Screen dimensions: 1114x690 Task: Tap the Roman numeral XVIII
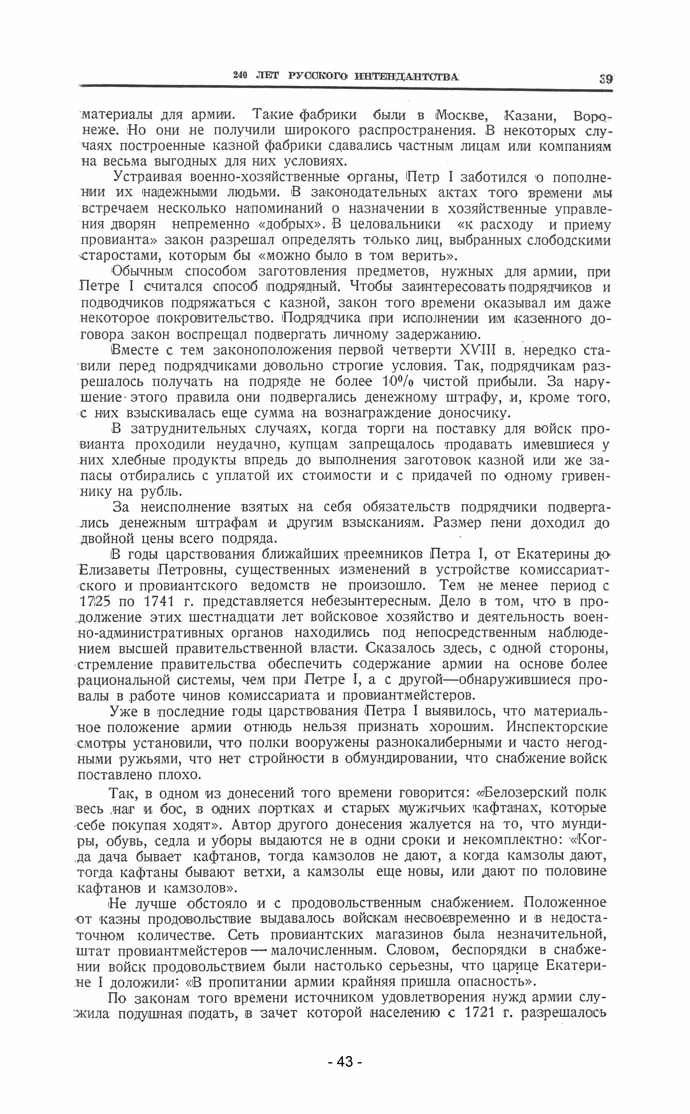click(x=471, y=351)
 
